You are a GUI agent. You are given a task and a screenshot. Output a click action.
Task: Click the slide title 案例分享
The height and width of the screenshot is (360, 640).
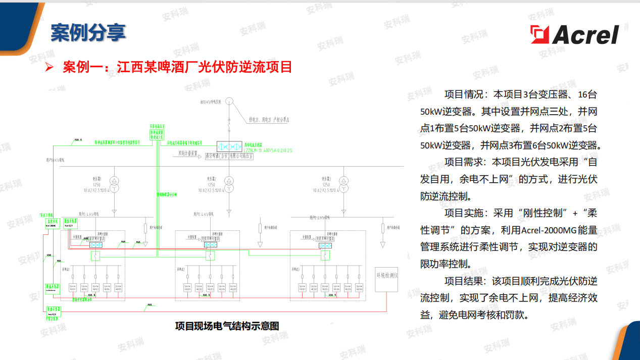point(88,32)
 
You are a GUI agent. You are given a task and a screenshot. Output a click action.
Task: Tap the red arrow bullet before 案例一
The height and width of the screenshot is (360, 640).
point(50,67)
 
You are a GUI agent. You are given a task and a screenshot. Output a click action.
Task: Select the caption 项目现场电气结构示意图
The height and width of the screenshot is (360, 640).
point(227,326)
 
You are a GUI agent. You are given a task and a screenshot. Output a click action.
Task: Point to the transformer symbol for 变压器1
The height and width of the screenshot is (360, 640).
point(115,184)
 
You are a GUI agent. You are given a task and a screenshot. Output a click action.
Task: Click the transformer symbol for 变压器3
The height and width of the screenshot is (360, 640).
point(343,184)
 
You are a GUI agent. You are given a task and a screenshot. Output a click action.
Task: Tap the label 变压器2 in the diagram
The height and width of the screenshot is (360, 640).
point(211,179)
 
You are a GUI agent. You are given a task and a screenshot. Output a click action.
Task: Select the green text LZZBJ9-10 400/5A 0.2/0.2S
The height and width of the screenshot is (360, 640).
point(268,150)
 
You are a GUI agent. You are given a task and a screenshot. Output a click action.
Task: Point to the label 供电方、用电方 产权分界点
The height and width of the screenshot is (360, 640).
point(268,120)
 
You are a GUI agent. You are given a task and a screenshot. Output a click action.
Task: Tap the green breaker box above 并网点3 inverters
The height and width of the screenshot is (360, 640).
point(323,256)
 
